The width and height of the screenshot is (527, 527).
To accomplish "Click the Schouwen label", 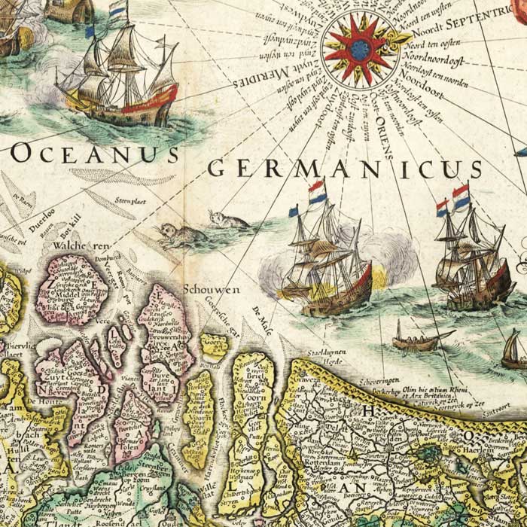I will [206, 289].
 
